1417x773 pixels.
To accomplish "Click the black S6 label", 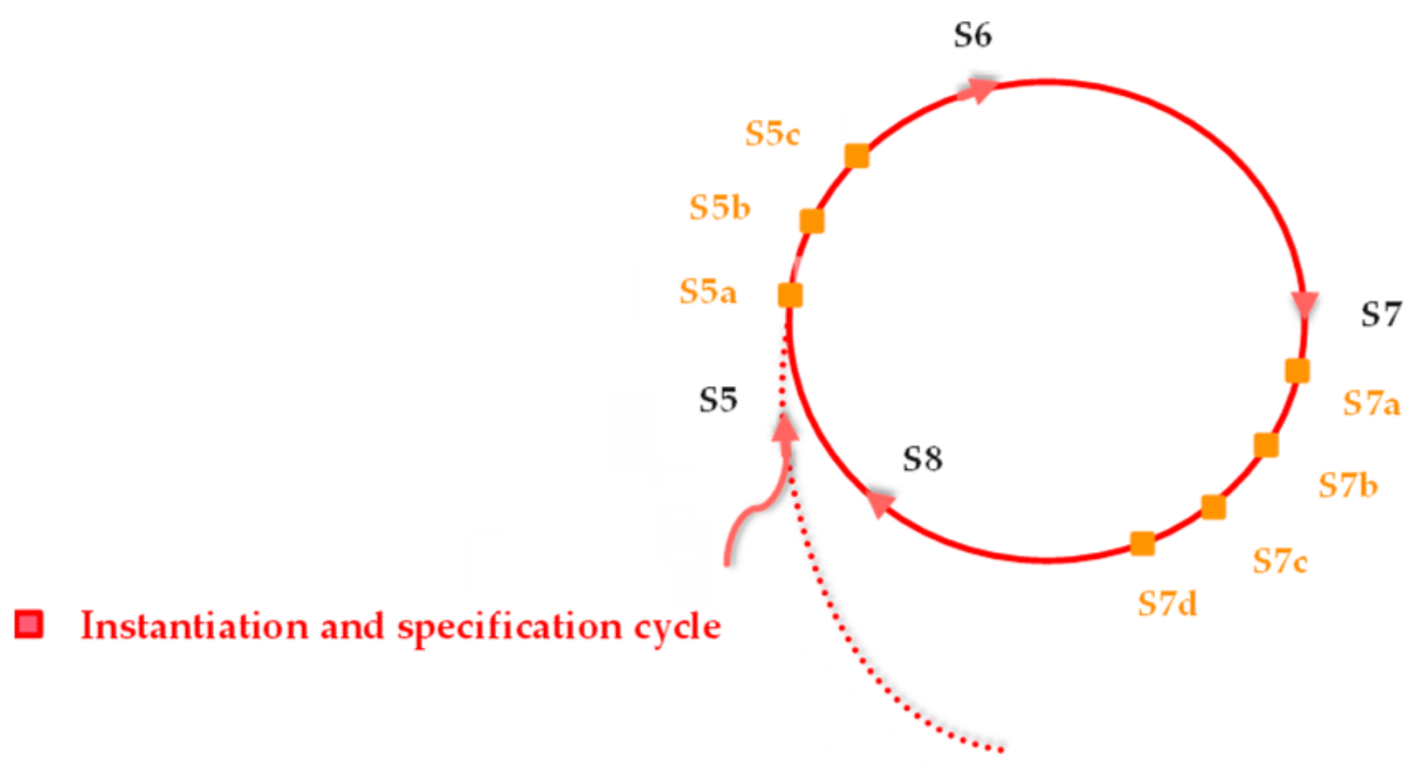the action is [x=972, y=36].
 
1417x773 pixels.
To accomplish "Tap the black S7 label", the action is [x=1380, y=314].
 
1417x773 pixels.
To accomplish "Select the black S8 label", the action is [x=922, y=459].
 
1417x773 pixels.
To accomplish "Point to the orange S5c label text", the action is [x=772, y=134].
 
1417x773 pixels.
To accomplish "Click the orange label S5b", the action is [x=719, y=208].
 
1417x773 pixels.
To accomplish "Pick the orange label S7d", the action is [x=1166, y=604].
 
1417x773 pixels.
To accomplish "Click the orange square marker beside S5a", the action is [x=790, y=295].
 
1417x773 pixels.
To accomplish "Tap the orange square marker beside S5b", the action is [x=812, y=221].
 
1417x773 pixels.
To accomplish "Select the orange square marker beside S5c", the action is [x=857, y=155].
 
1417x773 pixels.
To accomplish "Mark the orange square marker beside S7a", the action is [x=1297, y=371].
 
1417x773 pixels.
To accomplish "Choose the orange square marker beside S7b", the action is [x=1266, y=445].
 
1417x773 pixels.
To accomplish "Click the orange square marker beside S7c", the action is [x=1214, y=507].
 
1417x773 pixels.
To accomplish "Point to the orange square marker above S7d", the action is [x=1142, y=544].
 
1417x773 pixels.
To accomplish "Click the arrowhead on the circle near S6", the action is [x=980, y=89].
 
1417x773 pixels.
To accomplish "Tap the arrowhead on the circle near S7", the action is [x=1304, y=305].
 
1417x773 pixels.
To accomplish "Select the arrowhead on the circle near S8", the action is [x=880, y=503].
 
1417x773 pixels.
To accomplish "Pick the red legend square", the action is [x=29, y=625].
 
